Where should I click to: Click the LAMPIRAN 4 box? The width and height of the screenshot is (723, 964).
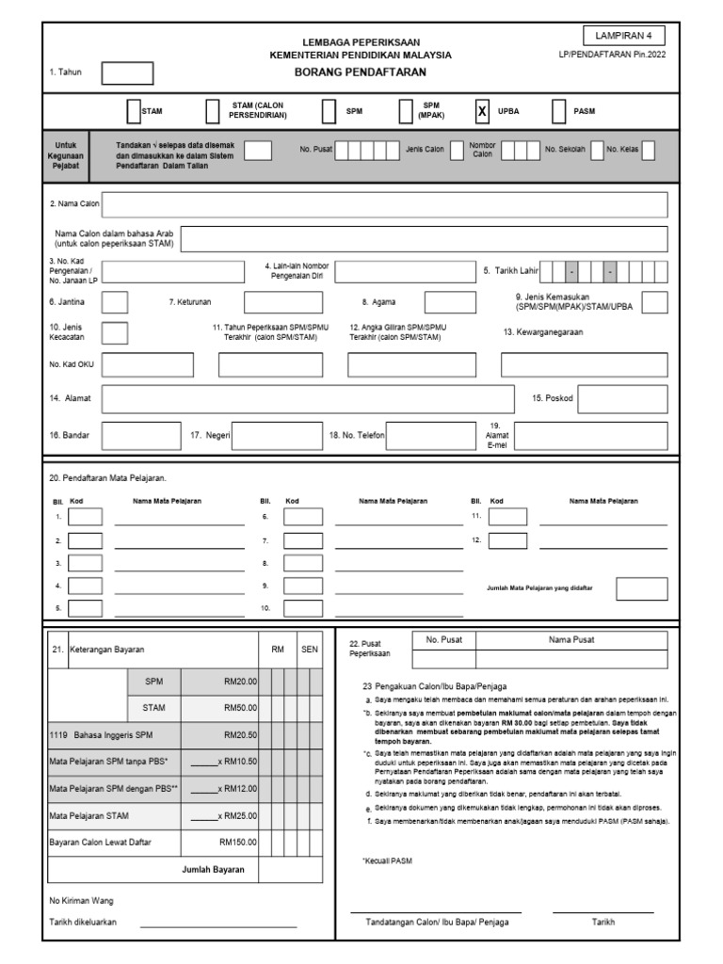(x=623, y=36)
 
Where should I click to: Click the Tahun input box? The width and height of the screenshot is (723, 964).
(x=127, y=73)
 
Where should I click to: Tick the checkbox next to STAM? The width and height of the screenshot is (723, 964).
(x=134, y=111)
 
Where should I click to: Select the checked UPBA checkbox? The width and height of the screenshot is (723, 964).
(x=482, y=111)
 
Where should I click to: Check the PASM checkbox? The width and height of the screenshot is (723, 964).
(x=558, y=111)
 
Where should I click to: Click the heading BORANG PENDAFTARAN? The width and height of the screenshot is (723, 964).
(x=361, y=72)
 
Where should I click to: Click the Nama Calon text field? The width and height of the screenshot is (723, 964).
(x=384, y=204)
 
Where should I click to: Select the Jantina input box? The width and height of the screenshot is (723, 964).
(x=115, y=302)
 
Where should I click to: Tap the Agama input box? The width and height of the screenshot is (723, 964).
(x=450, y=302)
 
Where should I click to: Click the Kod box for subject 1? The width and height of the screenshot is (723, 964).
(x=86, y=517)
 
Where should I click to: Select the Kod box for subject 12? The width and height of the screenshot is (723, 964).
(x=507, y=540)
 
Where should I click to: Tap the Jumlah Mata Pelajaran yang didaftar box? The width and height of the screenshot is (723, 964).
(x=642, y=588)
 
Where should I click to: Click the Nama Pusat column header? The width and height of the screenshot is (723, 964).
(x=571, y=640)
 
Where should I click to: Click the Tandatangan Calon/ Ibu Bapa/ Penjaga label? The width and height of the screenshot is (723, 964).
(x=437, y=923)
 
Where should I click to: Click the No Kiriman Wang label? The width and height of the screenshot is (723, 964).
(x=81, y=901)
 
